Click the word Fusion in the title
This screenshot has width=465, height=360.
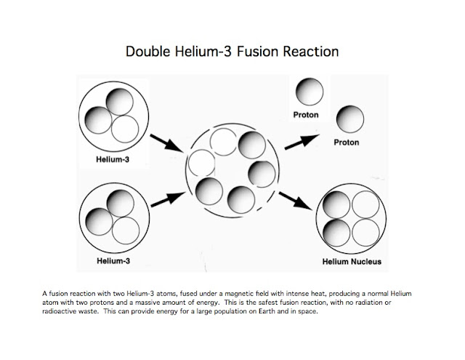click(258, 52)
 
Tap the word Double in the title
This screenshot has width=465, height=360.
click(148, 52)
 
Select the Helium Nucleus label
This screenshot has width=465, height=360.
click(352, 262)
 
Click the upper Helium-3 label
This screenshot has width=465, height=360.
click(113, 159)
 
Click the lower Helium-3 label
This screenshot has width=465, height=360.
click(113, 261)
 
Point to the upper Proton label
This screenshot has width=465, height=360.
click(306, 115)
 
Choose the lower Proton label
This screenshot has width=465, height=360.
click(347, 143)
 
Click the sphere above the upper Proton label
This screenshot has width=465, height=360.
click(310, 92)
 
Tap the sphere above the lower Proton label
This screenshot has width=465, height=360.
click(350, 119)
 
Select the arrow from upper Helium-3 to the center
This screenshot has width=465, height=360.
click(167, 143)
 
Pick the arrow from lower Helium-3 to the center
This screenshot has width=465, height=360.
click(168, 199)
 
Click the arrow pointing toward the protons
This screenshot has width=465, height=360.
click(302, 142)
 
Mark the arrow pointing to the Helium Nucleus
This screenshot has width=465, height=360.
click(296, 201)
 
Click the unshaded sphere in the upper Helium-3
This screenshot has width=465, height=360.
click(125, 129)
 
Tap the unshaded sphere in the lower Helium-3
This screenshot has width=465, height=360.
click(126, 231)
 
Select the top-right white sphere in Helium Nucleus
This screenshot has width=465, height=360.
click(365, 205)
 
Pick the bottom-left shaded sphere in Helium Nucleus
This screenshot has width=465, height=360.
click(336, 233)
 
